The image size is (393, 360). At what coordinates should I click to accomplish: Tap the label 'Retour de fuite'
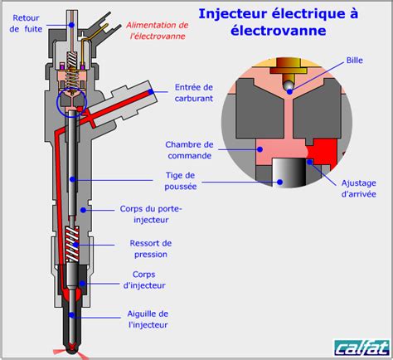tap(27, 22)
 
